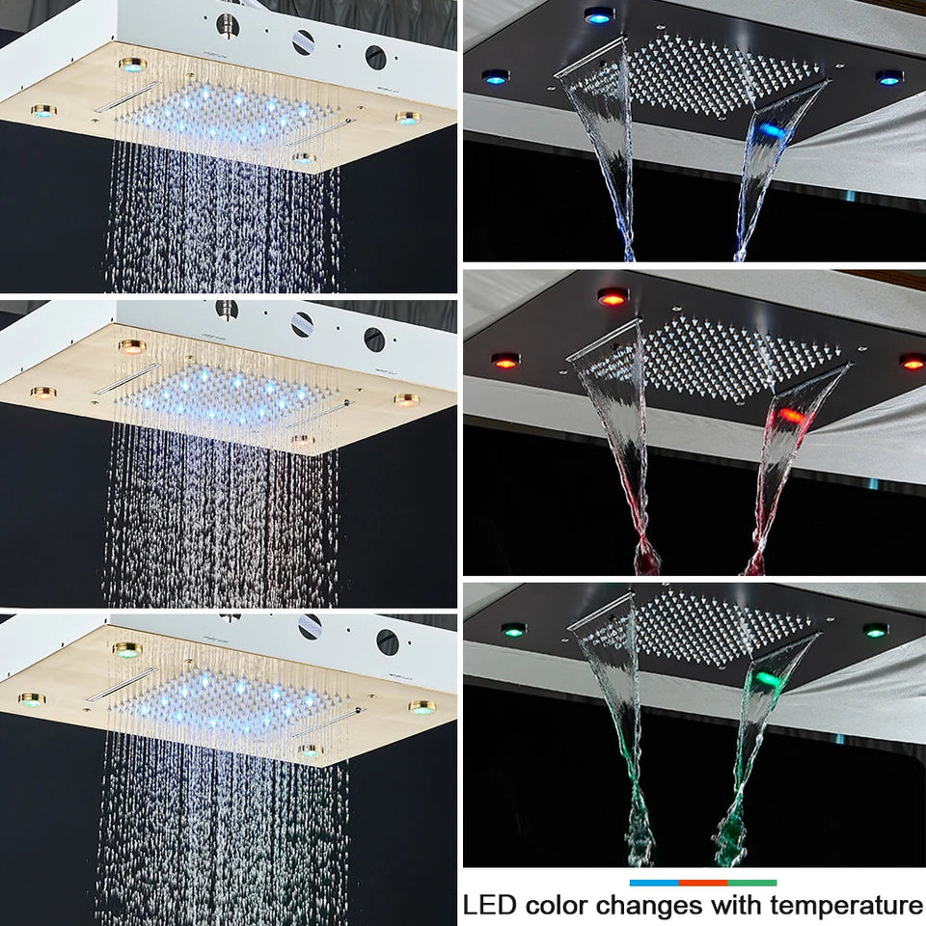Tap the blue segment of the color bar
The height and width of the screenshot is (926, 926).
pyautogui.click(x=653, y=882)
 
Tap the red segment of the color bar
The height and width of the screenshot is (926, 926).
pyautogui.click(x=702, y=882)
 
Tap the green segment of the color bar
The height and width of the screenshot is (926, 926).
pyautogui.click(x=752, y=882)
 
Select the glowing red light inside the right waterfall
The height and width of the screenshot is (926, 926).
pyautogui.click(x=789, y=416)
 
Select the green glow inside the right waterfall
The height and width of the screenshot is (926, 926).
pyautogui.click(x=767, y=678)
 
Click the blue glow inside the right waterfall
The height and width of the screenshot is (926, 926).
pyautogui.click(x=772, y=130)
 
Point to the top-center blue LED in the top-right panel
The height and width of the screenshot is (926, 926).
pyautogui.click(x=598, y=14)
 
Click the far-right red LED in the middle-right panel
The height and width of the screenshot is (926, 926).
pyautogui.click(x=912, y=362)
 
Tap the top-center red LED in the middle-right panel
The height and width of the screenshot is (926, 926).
pyautogui.click(x=613, y=296)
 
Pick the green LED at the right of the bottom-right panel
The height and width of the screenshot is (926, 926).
pyautogui.click(x=875, y=630)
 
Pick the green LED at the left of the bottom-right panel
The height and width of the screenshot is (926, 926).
pyautogui.click(x=513, y=630)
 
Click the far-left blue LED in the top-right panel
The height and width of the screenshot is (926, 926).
pyautogui.click(x=496, y=76)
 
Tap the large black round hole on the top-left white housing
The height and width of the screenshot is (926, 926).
pyautogui.click(x=375, y=57)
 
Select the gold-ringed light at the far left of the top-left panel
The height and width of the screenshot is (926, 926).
pyautogui.click(x=43, y=111)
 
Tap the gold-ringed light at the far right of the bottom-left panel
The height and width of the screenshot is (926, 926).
pyautogui.click(x=421, y=707)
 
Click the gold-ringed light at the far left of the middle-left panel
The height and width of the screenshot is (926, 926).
pyautogui.click(x=42, y=393)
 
